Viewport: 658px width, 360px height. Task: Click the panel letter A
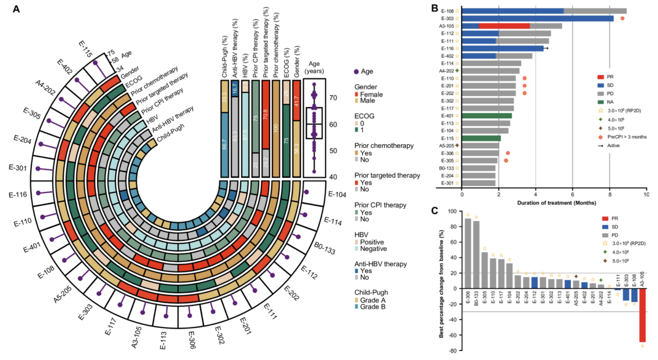pyautogui.click(x=16, y=9)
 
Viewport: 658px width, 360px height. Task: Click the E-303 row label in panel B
pyautogui.click(x=449, y=18)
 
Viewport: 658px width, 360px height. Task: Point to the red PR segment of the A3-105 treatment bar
pyautogui.click(x=504, y=26)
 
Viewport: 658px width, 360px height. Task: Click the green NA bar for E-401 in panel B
pyautogui.click(x=486, y=116)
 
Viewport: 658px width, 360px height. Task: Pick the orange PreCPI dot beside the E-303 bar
pyautogui.click(x=622, y=19)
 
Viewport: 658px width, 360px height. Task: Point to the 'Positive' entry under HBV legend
pyautogui.click(x=371, y=242)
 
